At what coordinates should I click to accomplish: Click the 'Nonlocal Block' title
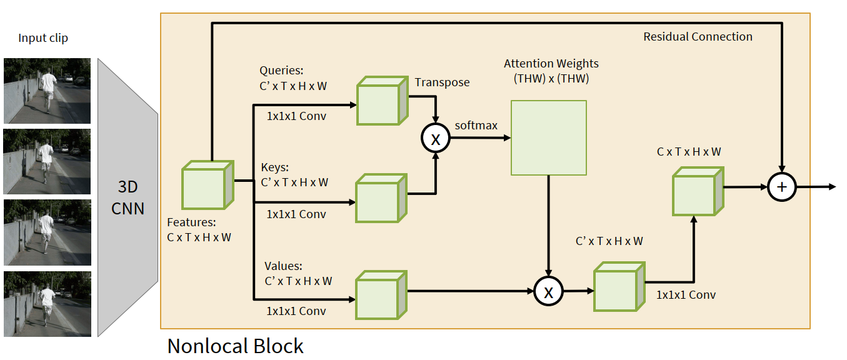[x=235, y=346]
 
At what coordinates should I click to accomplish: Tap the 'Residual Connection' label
[x=698, y=37]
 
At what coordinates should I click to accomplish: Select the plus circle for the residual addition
[x=782, y=187]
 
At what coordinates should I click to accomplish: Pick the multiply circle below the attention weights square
[x=548, y=291]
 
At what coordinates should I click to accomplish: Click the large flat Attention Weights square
[x=549, y=137]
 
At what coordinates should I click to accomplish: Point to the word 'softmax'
[x=476, y=126]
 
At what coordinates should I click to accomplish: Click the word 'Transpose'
[x=442, y=82]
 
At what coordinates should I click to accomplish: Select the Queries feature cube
[x=381, y=101]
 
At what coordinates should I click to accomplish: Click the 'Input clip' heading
[x=43, y=38]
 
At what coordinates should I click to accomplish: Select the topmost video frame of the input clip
[x=48, y=91]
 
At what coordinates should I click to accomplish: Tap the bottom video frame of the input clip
[x=48, y=303]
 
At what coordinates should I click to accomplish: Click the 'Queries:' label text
[x=281, y=71]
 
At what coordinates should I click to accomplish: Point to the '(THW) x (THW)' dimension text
[x=551, y=79]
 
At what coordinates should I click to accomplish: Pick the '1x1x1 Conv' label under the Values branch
[x=296, y=311]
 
